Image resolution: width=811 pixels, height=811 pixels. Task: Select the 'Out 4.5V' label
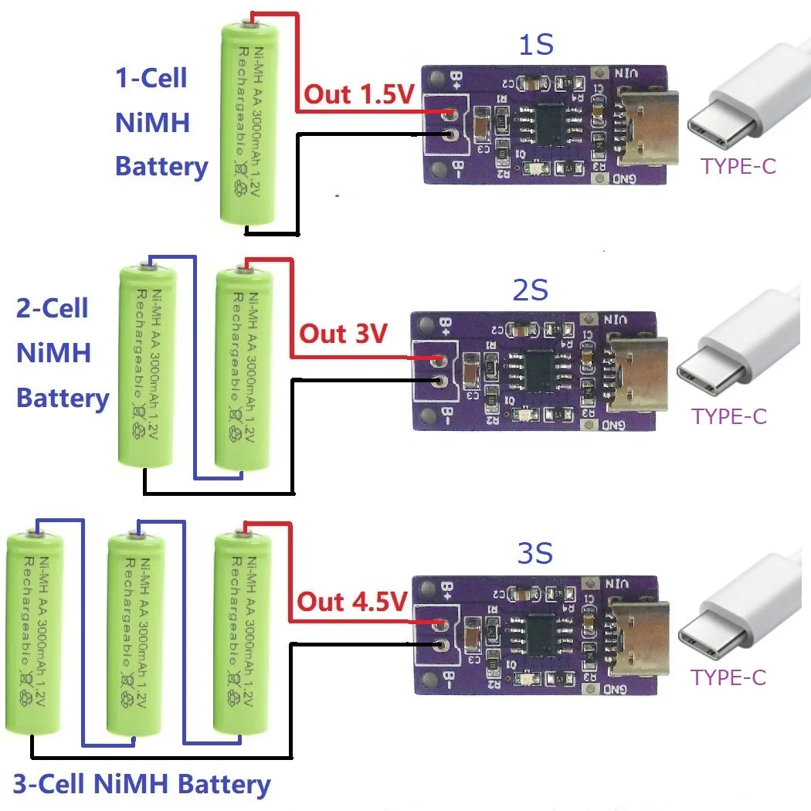click(x=352, y=602)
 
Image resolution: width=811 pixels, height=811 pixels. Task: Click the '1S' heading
click(x=535, y=46)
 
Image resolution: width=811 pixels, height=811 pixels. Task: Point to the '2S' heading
click(x=530, y=290)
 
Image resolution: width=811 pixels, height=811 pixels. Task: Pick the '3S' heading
click(x=534, y=555)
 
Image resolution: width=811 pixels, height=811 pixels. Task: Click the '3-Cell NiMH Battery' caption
click(x=142, y=785)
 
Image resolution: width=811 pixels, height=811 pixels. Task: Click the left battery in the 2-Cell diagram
click(x=148, y=367)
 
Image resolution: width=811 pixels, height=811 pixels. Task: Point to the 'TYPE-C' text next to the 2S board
click(x=729, y=416)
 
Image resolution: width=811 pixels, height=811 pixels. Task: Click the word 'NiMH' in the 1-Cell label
click(x=152, y=123)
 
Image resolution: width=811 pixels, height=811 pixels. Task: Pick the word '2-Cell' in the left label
click(x=53, y=309)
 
